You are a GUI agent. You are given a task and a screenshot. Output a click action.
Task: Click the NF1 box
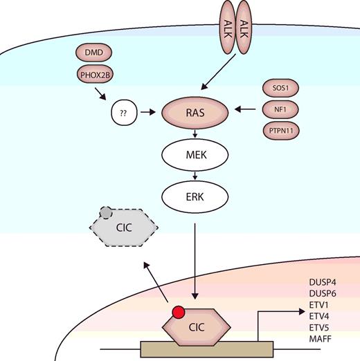280,109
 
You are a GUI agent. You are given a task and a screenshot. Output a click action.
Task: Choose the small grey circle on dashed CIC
104,212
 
